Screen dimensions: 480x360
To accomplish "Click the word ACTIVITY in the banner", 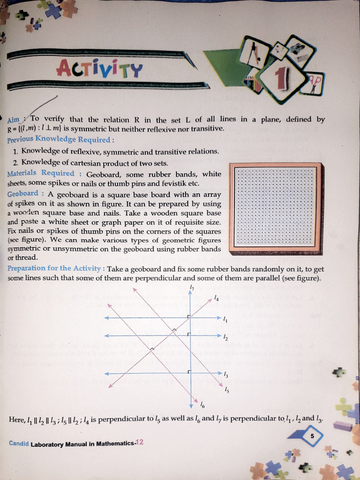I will point(99,69).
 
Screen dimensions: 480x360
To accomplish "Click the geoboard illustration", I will point(275,207).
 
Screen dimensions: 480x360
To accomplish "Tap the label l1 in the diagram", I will point(225,320).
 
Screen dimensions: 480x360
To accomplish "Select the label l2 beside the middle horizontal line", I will point(225,337).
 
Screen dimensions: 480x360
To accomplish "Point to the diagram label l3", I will point(226,375).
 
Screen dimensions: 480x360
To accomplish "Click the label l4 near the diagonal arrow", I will point(216,298).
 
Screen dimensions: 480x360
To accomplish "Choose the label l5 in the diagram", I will point(227,389).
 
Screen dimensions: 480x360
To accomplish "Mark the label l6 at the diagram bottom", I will point(202,404).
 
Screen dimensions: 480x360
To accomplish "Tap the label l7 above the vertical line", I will point(192,287).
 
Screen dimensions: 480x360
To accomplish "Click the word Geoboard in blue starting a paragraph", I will point(23,194).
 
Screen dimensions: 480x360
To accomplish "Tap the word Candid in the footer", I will point(18,443).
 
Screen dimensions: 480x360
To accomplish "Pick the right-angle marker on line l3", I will point(188,371).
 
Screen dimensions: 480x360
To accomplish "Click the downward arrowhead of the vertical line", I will point(191,404).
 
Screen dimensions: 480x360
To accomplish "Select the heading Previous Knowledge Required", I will point(60,139).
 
